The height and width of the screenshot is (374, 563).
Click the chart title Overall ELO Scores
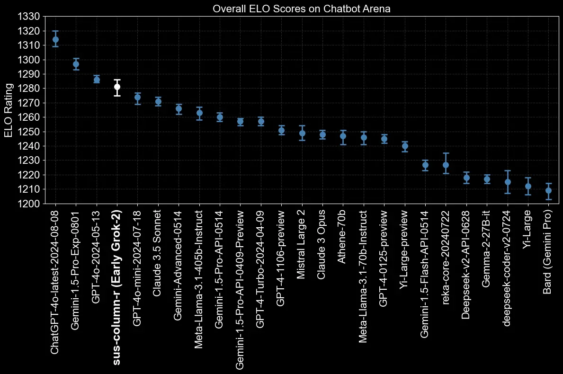click(301, 9)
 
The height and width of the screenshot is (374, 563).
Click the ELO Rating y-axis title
click(9, 110)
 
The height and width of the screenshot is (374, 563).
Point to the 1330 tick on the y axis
click(30, 17)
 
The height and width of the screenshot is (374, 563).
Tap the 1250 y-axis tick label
click(30, 132)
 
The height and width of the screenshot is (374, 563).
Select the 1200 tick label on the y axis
click(30, 204)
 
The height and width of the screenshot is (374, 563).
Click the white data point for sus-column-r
click(117, 87)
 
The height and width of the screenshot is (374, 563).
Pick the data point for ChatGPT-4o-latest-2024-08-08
click(55, 40)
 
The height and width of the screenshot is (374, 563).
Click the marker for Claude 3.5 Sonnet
click(158, 101)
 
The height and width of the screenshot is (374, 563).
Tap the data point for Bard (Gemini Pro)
click(548, 190)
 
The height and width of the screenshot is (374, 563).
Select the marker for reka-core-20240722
click(446, 165)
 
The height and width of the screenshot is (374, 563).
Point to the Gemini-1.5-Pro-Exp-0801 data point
click(76, 64)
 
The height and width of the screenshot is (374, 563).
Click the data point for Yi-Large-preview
click(405, 146)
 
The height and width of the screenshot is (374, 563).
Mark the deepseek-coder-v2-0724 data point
click(508, 182)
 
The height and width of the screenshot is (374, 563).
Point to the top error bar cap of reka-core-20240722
click(446, 153)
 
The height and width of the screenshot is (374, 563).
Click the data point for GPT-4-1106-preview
click(281, 130)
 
